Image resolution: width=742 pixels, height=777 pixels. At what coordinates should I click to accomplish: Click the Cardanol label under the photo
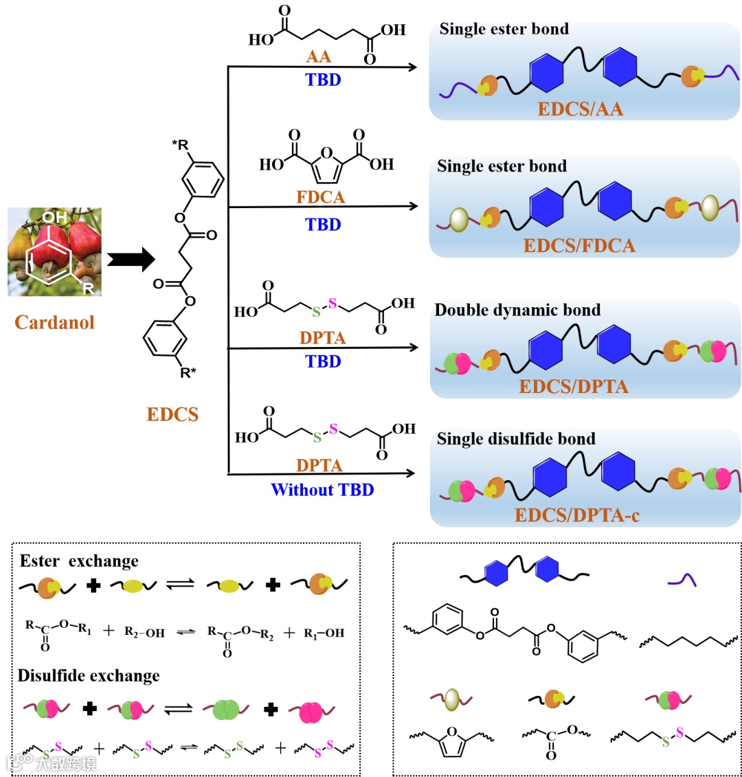[54, 322]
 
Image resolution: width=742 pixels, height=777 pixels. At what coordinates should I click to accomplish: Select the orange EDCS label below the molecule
[172, 414]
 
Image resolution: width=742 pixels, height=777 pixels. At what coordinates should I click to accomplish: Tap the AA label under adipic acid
[319, 57]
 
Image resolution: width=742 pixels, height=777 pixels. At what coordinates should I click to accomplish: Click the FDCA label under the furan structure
[320, 197]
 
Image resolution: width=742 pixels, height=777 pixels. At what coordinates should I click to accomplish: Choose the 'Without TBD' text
[322, 490]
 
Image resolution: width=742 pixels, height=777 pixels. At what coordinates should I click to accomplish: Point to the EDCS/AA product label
[580, 109]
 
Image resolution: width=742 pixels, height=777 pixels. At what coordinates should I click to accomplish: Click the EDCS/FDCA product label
[579, 245]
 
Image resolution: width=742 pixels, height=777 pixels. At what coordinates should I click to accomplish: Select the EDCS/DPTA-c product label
[577, 515]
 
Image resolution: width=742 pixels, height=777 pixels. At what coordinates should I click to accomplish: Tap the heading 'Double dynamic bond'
[517, 310]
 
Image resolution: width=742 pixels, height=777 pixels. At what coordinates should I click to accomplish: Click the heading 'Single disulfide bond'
[516, 438]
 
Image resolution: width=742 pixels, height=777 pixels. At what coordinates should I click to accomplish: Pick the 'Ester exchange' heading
[79, 561]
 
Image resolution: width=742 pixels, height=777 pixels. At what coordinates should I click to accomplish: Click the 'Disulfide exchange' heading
[89, 675]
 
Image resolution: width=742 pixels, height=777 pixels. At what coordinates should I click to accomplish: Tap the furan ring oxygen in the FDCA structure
[327, 153]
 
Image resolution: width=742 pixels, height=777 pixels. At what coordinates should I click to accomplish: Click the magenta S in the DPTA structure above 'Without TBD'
[334, 429]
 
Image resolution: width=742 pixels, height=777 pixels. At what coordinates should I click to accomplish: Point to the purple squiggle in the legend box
[682, 581]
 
